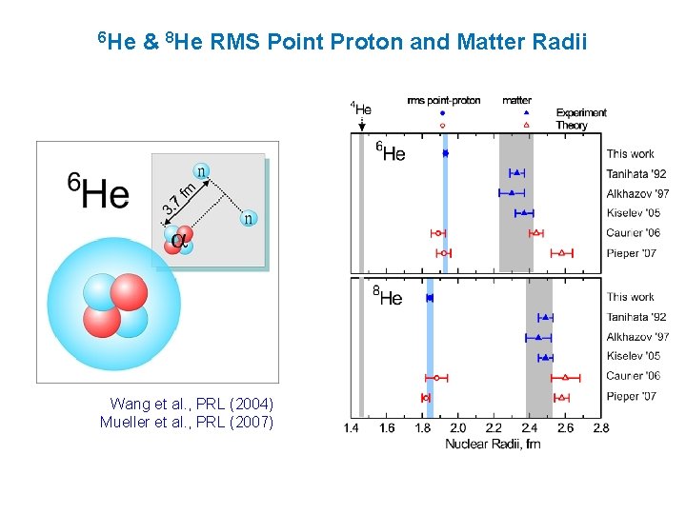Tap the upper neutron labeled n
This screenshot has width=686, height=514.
click(201, 171)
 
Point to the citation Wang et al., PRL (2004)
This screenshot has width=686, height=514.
click(192, 404)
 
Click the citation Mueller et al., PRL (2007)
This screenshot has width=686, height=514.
click(187, 423)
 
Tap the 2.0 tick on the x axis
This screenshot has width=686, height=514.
click(458, 428)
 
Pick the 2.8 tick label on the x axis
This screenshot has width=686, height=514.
click(600, 428)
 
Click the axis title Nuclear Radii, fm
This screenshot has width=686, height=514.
click(493, 444)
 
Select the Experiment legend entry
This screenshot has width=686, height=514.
click(581, 112)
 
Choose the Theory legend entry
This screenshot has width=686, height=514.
click(572, 125)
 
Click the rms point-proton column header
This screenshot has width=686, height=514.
click(443, 100)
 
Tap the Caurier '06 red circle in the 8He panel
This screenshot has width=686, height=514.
click(437, 377)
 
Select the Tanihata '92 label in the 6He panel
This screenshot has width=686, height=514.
click(636, 173)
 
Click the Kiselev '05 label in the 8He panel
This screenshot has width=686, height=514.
click(633, 357)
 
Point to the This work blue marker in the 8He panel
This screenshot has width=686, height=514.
click(430, 298)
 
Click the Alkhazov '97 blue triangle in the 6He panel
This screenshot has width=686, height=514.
click(512, 193)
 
